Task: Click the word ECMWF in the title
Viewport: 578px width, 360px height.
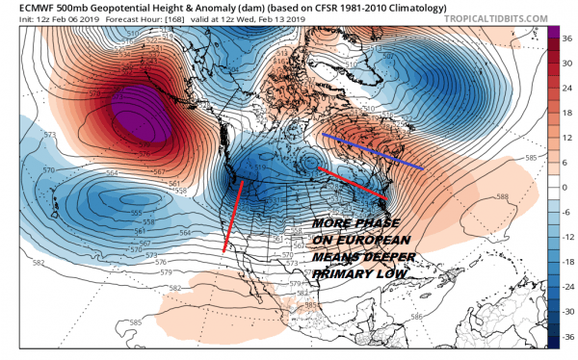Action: click(26, 8)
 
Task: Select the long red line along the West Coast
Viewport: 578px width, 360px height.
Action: click(232, 217)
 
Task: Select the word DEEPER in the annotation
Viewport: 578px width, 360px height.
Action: click(382, 259)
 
